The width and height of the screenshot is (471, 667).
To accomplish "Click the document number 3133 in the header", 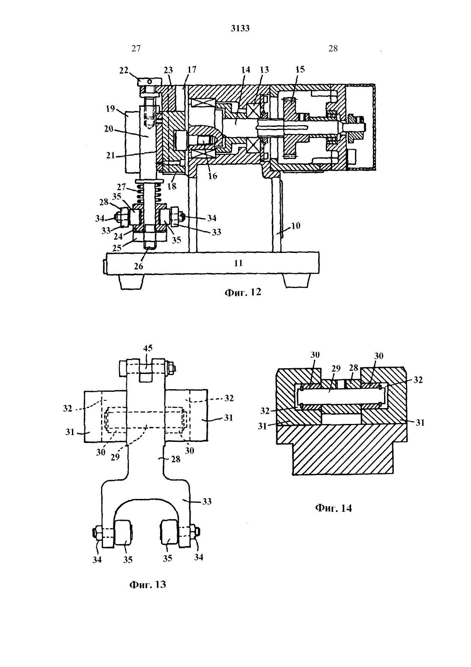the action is point(240,28).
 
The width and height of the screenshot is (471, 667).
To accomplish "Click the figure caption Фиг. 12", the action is point(243,292).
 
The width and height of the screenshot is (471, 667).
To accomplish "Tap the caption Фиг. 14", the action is point(333,508).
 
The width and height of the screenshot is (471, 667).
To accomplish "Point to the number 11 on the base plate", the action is point(238,263).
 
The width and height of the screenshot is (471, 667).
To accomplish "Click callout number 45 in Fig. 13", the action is point(148,348).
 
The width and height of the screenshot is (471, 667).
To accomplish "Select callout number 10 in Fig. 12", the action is point(295,226).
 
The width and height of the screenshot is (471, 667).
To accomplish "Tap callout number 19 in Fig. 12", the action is point(110,109).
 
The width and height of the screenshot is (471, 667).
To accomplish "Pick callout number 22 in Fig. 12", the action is point(124,70).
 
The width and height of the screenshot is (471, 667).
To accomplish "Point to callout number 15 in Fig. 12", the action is point(300,69).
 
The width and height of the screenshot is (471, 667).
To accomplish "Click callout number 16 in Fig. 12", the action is point(212,176).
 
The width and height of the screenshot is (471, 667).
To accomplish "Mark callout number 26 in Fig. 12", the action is point(139,266).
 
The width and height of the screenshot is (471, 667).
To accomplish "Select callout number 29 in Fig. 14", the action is point(336,368).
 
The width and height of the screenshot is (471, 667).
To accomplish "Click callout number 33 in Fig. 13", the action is point(207,501).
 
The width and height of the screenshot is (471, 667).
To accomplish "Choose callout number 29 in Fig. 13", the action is point(115,457).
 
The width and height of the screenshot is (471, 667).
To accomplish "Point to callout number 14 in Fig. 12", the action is point(246,70).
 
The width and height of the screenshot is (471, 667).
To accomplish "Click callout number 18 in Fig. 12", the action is point(172,186).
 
